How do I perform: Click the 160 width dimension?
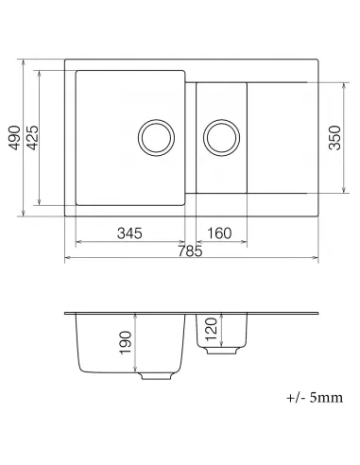click(218, 233)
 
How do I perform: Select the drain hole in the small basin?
click(223, 136)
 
